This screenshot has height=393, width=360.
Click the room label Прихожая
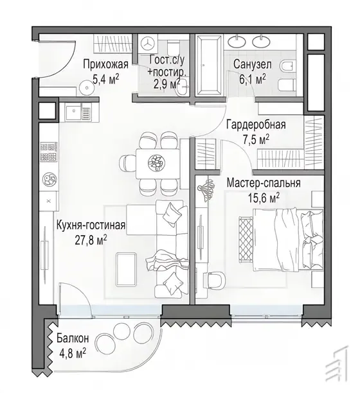click(105, 64)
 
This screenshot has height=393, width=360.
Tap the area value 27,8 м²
click(91, 240)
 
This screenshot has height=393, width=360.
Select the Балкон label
click(73, 338)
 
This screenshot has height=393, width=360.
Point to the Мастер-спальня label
click(264, 183)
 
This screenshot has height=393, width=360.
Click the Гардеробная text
click(256, 125)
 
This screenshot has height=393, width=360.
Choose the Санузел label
click(253, 64)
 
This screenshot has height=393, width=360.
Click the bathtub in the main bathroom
click(209, 65)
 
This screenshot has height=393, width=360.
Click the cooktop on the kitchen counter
click(49, 152)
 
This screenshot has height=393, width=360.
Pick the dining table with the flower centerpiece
click(157, 164)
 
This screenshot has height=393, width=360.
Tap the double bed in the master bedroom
click(288, 240)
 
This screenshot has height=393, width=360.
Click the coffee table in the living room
click(127, 270)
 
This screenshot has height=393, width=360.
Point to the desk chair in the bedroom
click(215, 280)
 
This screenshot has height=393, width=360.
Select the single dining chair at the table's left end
click(128, 164)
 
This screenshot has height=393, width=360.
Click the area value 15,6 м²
click(264, 198)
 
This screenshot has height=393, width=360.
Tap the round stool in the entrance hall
click(87, 87)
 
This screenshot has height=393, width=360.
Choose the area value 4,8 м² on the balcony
click(73, 353)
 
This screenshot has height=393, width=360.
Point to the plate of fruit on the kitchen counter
click(49, 179)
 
